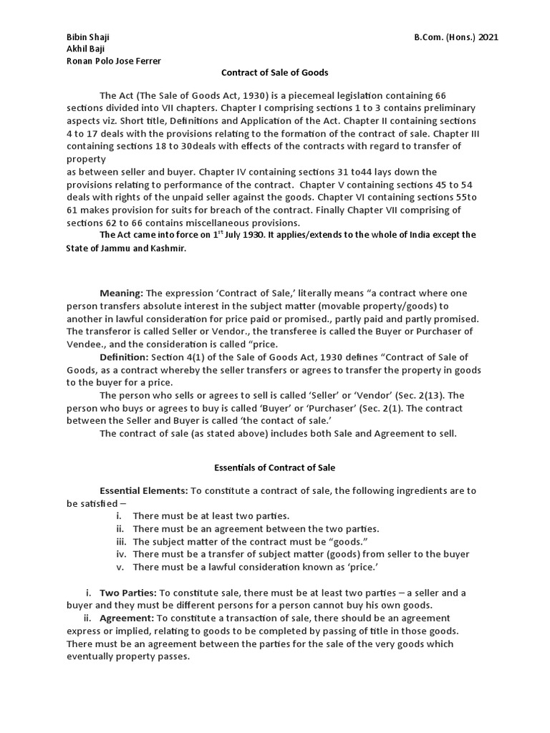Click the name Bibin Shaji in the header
tap(87, 37)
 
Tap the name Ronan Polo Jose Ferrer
tap(114, 61)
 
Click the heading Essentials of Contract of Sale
tap(275, 467)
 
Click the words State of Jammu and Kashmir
tap(128, 248)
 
